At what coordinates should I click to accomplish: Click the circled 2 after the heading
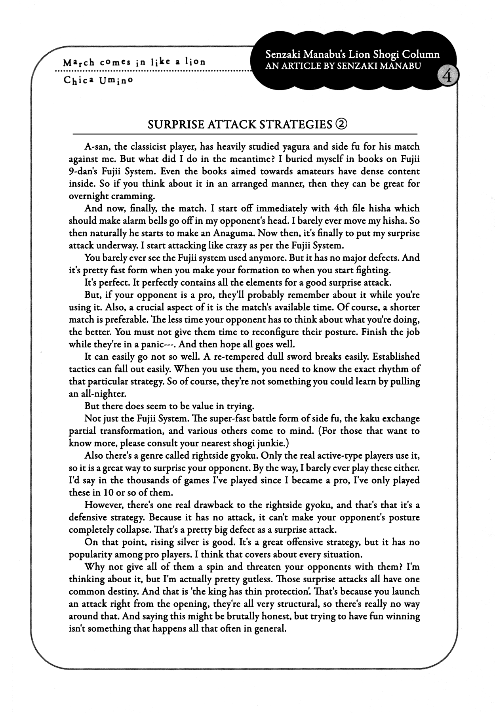341,124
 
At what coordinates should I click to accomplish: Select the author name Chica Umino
98,80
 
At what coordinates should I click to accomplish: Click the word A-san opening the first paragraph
97,147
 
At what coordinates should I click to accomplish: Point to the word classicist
145,147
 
